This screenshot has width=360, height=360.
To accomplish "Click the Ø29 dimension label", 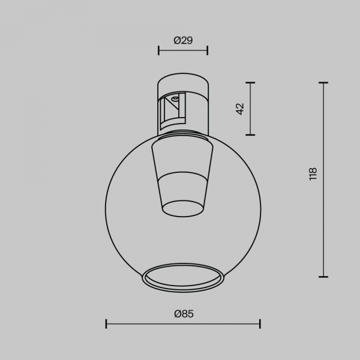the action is point(183,40).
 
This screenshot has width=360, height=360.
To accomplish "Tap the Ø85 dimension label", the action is point(184,314).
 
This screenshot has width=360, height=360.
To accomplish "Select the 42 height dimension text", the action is point(240,109).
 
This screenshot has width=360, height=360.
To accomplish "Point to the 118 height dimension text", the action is point(313,174).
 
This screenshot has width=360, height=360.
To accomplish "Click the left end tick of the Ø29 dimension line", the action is point(158,50).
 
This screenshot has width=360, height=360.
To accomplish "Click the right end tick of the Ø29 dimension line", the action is point(208,50).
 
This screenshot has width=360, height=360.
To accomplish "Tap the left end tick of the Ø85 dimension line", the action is point(106,324).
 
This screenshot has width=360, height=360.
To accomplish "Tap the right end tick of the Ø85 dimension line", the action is point(260,324).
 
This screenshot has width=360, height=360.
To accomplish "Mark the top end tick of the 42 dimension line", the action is point(250,82).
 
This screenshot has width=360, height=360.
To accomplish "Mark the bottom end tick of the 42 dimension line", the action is point(250,135).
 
